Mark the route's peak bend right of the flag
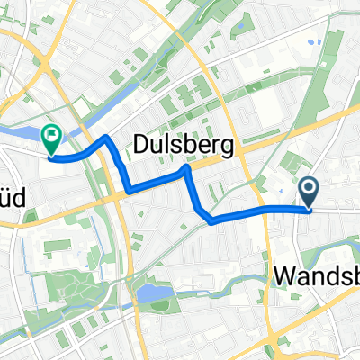(105, 138)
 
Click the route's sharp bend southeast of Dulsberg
(210, 220)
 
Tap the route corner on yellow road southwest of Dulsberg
(130, 190)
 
